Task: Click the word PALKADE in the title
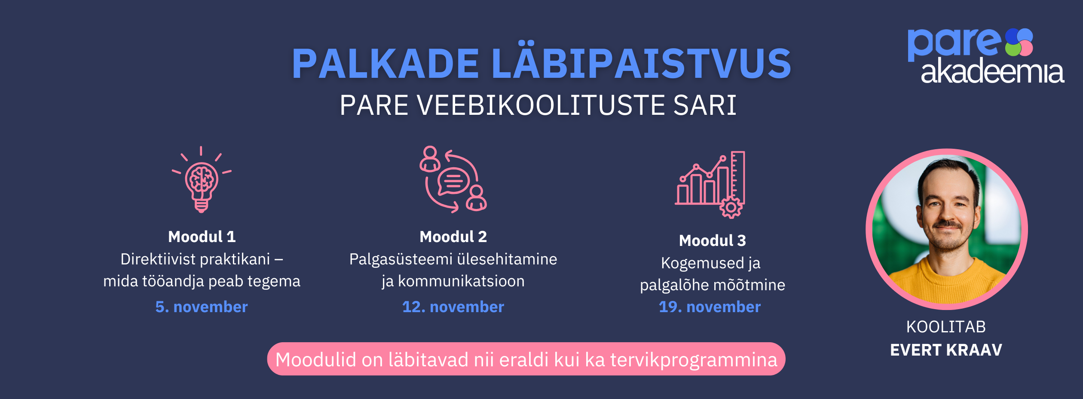click(385, 64)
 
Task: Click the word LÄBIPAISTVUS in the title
click(641, 60)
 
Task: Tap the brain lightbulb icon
click(201, 180)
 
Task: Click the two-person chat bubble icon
click(453, 179)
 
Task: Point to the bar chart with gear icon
click(710, 185)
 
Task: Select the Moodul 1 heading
click(202, 236)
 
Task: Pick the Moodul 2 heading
click(453, 236)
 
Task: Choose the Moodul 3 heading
click(712, 240)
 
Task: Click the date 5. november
click(202, 307)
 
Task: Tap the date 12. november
click(453, 307)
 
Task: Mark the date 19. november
click(710, 307)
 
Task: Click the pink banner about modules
click(526, 359)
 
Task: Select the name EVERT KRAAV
click(946, 350)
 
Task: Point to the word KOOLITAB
click(946, 327)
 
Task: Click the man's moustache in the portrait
click(947, 224)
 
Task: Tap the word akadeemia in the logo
click(992, 71)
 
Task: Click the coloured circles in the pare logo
click(1019, 42)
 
